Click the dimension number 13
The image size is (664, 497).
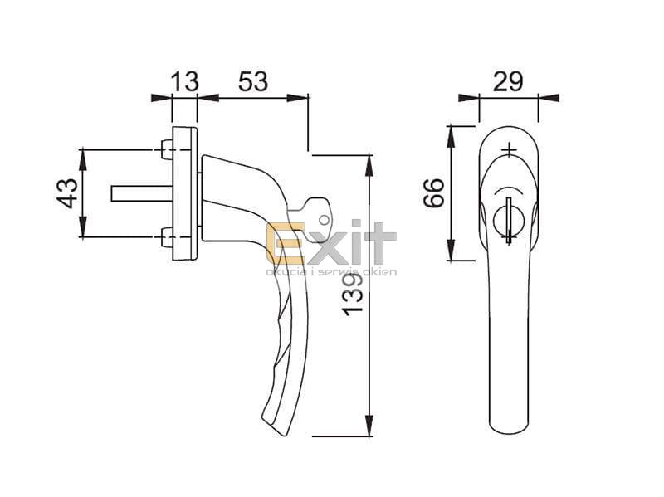(x=184, y=81)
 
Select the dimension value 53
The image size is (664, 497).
(x=253, y=81)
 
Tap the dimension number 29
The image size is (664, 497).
(x=508, y=81)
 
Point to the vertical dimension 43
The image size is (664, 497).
(x=67, y=193)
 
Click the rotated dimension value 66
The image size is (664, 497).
(x=434, y=192)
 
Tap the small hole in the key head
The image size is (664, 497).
(x=324, y=220)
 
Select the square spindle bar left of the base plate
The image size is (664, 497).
(x=141, y=193)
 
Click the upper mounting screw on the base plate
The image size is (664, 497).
(x=167, y=150)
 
